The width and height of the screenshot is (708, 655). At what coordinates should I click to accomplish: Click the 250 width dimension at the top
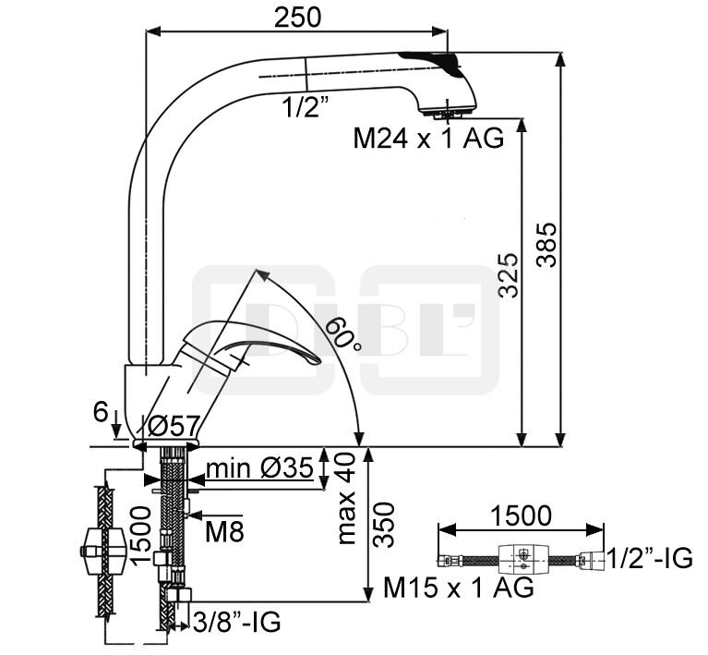pyautogui.click(x=297, y=18)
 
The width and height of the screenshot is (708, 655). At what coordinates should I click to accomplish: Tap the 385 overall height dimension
pyautogui.click(x=546, y=245)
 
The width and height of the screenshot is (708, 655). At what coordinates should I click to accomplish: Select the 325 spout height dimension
pyautogui.click(x=508, y=275)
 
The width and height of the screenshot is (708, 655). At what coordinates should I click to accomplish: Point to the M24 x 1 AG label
pyautogui.click(x=428, y=138)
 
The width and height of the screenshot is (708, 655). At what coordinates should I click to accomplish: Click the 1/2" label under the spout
pyautogui.click(x=305, y=107)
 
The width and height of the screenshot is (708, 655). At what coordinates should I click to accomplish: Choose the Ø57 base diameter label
pyautogui.click(x=174, y=426)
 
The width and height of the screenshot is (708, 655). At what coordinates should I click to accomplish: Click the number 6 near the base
pyautogui.click(x=102, y=412)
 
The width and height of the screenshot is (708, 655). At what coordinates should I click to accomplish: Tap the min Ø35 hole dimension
pyautogui.click(x=259, y=468)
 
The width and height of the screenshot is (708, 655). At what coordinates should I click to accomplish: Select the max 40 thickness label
pyautogui.click(x=346, y=499)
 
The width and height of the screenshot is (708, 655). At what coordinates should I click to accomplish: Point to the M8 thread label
pyautogui.click(x=224, y=532)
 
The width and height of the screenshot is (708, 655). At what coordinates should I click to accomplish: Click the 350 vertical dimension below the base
pyautogui.click(x=384, y=525)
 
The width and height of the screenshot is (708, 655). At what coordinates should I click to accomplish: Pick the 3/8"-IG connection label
pyautogui.click(x=236, y=623)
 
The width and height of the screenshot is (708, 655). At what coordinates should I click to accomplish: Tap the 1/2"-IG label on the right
pyautogui.click(x=649, y=558)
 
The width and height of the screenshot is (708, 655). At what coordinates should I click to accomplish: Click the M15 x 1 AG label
pyautogui.click(x=458, y=588)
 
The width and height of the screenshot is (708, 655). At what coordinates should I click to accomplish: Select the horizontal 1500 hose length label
pyautogui.click(x=521, y=516)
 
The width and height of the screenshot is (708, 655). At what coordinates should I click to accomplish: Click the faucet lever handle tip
pyautogui.click(x=318, y=360)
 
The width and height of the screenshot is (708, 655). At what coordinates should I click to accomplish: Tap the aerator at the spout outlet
pyautogui.click(x=448, y=113)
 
